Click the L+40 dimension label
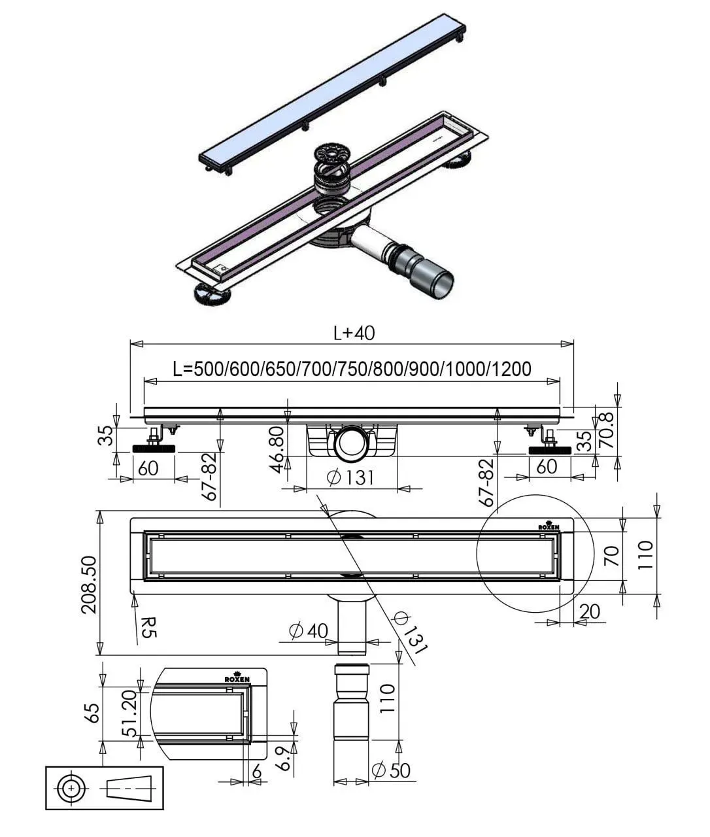point(354,333)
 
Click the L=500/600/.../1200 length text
point(352,369)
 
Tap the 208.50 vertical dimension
point(90,585)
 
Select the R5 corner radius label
point(148,628)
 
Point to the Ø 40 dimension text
point(309,630)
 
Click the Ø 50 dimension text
point(390,770)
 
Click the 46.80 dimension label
point(278,449)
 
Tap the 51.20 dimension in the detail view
point(130,713)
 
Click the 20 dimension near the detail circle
point(589,611)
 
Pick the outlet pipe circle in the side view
point(351,443)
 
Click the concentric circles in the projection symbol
point(72,789)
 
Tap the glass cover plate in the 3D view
point(333,94)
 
